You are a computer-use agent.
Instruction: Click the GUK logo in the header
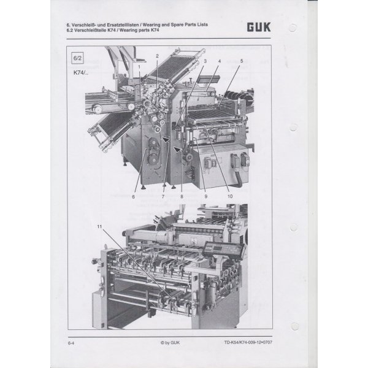click(259, 27)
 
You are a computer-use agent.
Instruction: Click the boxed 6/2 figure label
click(77, 58)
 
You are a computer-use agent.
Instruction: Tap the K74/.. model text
click(81, 73)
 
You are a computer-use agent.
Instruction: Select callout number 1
click(139, 67)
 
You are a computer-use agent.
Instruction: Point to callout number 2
click(157, 56)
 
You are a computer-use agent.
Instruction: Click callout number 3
click(205, 61)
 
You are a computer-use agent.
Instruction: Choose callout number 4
click(220, 61)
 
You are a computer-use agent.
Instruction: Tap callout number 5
click(242, 61)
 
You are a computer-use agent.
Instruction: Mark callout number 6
click(133, 197)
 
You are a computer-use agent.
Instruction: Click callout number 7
click(163, 197)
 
